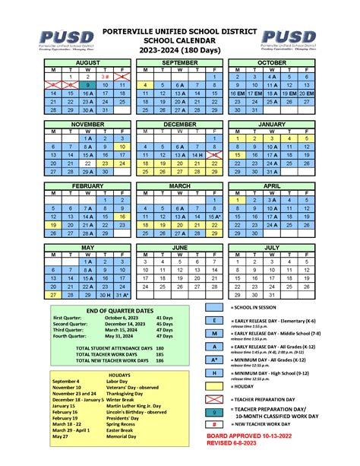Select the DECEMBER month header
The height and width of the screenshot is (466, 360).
coord(179,123)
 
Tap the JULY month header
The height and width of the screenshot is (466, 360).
coord(272,248)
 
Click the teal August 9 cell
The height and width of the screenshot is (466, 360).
coord(87,85)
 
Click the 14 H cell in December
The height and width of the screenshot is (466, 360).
coord(197,154)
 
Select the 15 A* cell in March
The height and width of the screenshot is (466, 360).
coord(215,217)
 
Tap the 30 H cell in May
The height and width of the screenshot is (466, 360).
coord(106,295)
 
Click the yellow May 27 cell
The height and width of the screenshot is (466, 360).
coord(52,295)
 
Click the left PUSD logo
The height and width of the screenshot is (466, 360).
coord(67,38)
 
